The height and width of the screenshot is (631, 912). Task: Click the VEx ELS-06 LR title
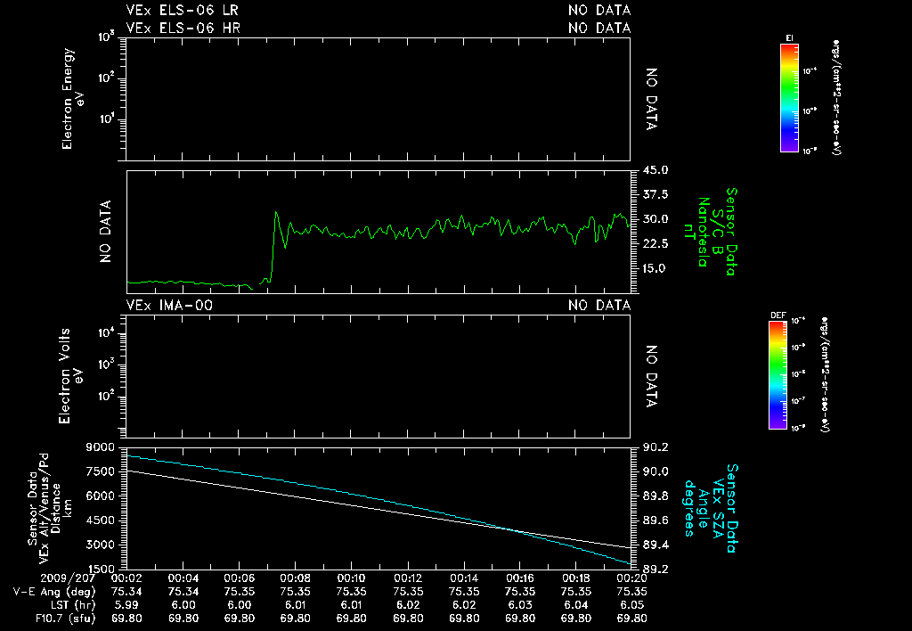tap(182, 11)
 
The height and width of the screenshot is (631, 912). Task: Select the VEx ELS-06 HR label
tap(183, 28)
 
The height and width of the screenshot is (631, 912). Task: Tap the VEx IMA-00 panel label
tap(170, 306)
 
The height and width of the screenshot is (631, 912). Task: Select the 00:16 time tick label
tap(519, 578)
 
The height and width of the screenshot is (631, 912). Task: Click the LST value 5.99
tap(126, 603)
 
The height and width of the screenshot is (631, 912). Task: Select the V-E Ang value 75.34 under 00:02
tap(126, 590)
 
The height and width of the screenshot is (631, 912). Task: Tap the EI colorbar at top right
tap(789, 97)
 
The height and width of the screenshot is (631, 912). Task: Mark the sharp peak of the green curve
tap(277, 213)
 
